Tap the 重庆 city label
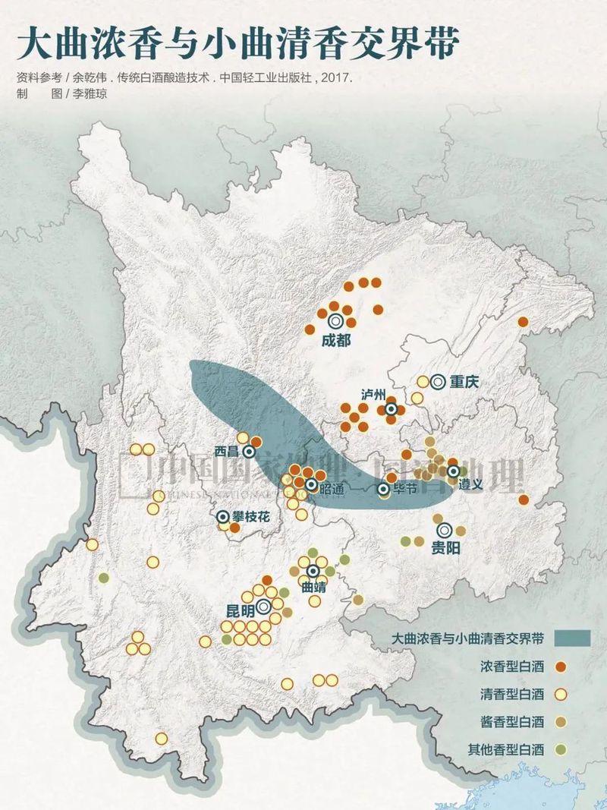(x=464, y=383)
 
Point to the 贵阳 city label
(x=446, y=547)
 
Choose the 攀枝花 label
(x=251, y=516)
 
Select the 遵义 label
(x=470, y=484)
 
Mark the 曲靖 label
(x=313, y=587)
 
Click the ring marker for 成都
(x=335, y=322)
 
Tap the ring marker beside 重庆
(x=437, y=383)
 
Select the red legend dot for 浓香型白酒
(x=561, y=667)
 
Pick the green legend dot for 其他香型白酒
(x=561, y=750)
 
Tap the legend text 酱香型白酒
(x=512, y=722)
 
